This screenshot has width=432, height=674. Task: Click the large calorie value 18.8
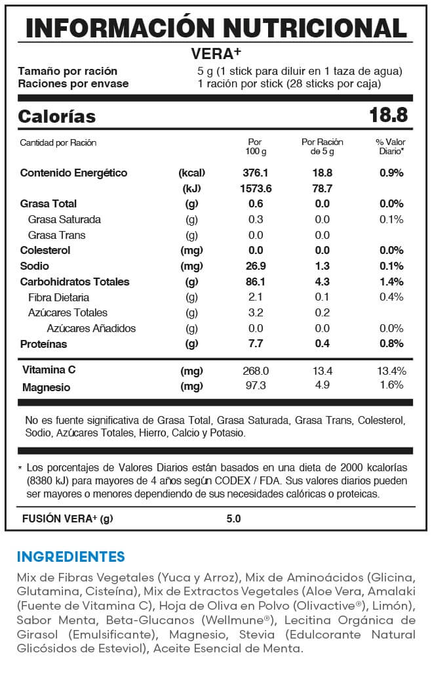click(x=388, y=116)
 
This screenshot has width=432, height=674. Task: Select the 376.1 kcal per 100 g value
click(x=256, y=173)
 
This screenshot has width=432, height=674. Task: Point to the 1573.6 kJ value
click(x=256, y=188)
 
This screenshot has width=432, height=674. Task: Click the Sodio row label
click(x=34, y=266)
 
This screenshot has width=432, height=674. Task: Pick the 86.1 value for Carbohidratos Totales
click(x=256, y=282)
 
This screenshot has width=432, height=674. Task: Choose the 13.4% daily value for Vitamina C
click(x=391, y=371)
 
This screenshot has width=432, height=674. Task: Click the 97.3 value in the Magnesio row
click(x=256, y=385)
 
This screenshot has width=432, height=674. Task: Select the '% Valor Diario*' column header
click(x=391, y=146)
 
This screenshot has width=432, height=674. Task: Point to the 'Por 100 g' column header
click(x=256, y=146)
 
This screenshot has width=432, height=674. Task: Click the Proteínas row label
click(x=43, y=344)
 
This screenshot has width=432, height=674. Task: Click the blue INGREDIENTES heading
click(x=71, y=557)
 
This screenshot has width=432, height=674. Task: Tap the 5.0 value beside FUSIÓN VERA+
click(x=233, y=518)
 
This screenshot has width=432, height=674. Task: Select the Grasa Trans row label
click(x=56, y=235)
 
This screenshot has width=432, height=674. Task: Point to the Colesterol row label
click(x=45, y=250)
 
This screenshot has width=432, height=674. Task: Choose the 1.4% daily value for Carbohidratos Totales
click(x=391, y=282)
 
